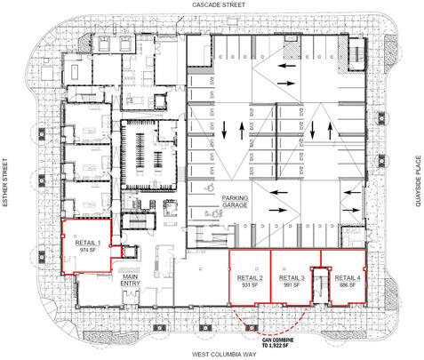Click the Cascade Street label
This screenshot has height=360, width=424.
point(211,5)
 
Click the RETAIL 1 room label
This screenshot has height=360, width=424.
point(87,242)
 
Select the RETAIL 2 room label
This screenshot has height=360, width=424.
point(250,278)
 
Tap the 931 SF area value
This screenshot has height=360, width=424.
point(250,285)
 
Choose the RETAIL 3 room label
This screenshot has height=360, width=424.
point(291,278)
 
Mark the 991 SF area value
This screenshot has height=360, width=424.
point(291,285)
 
